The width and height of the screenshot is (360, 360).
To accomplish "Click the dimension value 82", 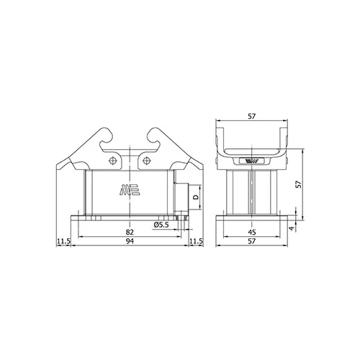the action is [x=130, y=232].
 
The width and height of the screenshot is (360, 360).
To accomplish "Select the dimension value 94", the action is [x=130, y=241].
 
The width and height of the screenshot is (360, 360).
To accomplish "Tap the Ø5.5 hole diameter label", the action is [x=161, y=225].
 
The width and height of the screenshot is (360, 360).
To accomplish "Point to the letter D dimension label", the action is [x=196, y=197].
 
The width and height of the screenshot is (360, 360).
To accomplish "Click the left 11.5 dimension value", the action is [x=63, y=241].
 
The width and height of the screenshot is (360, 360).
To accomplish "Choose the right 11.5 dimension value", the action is [x=196, y=241].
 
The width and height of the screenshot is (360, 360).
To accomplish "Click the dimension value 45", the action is [x=252, y=232].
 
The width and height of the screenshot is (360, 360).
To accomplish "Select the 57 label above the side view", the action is [x=252, y=117].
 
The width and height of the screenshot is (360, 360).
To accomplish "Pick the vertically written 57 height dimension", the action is [x=298, y=184].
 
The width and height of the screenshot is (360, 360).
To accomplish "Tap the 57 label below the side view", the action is [x=252, y=241].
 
